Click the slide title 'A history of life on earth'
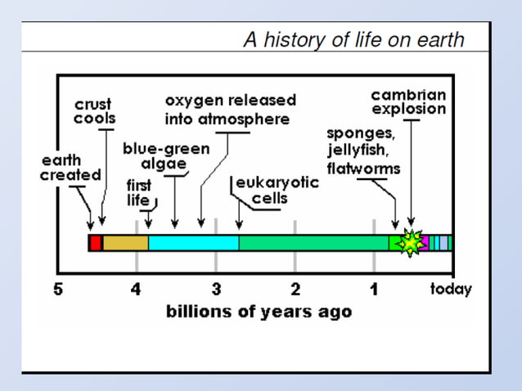point(353,39)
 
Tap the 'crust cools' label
point(95,111)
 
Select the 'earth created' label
point(70,168)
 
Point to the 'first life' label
point(137,193)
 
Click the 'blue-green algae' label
point(166,155)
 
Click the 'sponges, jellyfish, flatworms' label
point(363,151)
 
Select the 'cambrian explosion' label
point(408,102)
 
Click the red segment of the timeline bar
point(95,243)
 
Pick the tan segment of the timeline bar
point(124,243)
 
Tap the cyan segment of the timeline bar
point(193,243)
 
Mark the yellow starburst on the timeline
point(410,243)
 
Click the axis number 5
point(58,290)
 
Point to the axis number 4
point(137,290)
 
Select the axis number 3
point(216,290)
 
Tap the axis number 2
point(295,290)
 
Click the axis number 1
point(374,290)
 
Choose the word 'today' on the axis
point(451,290)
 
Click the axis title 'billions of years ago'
point(259,312)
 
